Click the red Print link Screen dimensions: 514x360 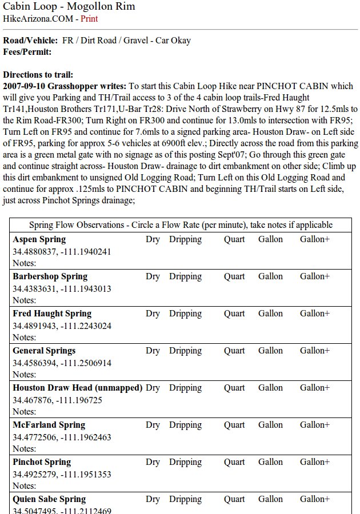click(x=89, y=19)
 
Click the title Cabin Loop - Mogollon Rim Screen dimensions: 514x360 click(x=69, y=6)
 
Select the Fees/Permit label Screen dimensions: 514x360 click(x=27, y=52)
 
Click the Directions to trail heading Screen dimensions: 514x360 click(x=38, y=75)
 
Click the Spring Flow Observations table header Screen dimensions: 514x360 click(x=181, y=225)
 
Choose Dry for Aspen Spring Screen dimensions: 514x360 click(x=153, y=239)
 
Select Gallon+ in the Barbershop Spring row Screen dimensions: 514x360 click(x=315, y=276)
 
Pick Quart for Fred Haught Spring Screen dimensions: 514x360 click(x=234, y=314)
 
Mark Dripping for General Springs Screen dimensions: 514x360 click(x=185, y=351)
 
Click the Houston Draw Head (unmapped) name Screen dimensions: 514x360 click(x=77, y=388)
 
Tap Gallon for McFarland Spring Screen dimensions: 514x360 click(x=270, y=425)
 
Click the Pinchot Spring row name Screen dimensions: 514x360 click(x=42, y=462)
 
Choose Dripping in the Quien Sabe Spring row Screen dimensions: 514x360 click(x=185, y=499)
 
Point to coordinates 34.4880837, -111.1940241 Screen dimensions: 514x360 click(x=62, y=252)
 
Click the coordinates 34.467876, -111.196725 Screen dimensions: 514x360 click(x=57, y=400)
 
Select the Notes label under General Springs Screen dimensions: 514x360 click(x=24, y=375)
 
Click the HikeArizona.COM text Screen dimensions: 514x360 click(x=39, y=19)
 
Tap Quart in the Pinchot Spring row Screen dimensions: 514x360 click(x=234, y=462)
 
